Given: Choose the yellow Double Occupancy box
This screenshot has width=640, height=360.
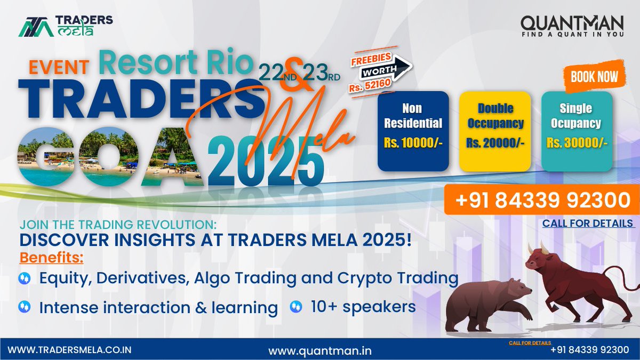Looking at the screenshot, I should [494, 131].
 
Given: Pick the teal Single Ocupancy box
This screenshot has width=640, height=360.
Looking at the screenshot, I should [575, 131].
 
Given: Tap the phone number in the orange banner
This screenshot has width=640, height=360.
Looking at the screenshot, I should [542, 201].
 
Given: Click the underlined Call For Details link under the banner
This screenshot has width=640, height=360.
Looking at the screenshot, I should [588, 223].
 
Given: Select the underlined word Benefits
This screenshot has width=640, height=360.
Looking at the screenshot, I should [52, 258].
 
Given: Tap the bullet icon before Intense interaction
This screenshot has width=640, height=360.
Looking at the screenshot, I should [24, 307].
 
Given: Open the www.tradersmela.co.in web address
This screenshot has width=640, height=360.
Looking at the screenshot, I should [70, 350].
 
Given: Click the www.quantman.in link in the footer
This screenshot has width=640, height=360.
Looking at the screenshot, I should [319, 350].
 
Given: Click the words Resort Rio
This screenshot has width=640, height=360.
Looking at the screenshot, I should [175, 63].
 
